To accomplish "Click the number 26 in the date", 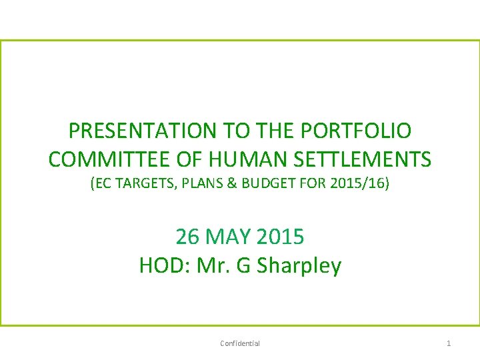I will [187, 236].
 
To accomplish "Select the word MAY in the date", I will [229, 236].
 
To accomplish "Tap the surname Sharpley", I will [299, 267].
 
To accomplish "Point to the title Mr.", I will [211, 266].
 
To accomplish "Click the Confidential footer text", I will [240, 343].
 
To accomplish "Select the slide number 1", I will [449, 343].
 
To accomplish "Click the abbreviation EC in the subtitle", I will [101, 183].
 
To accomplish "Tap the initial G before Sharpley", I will [244, 266].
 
